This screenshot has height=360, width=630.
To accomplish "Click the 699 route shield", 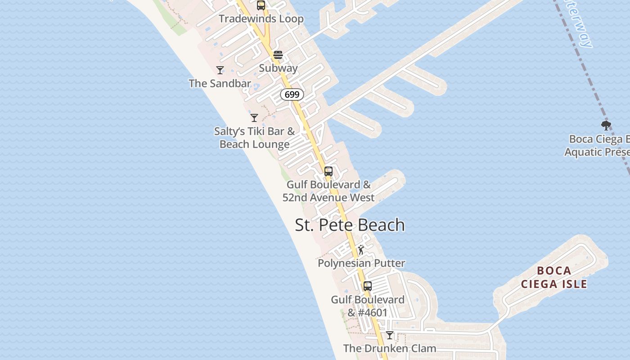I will [292, 94].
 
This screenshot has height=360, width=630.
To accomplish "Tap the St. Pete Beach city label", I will [350, 225].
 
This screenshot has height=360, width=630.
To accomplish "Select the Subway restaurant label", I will [278, 68].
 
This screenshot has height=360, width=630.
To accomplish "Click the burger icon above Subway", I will [278, 55].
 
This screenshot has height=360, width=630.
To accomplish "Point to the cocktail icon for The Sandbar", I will [220, 70].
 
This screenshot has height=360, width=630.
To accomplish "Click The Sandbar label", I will [220, 83].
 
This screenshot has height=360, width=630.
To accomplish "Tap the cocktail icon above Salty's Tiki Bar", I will [254, 118].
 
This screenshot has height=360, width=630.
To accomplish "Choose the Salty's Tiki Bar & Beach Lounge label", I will [255, 138].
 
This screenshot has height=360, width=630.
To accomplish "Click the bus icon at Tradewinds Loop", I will [261, 5].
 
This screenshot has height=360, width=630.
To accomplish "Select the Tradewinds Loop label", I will [261, 19].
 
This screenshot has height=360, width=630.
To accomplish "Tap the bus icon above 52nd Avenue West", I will [328, 171].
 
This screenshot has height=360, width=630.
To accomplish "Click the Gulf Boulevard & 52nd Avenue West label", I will [328, 191].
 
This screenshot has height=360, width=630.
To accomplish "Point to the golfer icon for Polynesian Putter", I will [361, 250].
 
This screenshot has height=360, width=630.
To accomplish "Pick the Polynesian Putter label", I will [361, 263].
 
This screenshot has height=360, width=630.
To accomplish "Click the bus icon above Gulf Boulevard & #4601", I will [368, 286].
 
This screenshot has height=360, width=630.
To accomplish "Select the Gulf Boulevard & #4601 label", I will [368, 306].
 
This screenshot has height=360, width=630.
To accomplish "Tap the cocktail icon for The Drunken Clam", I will [390, 335].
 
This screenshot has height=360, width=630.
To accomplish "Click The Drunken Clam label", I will [390, 348].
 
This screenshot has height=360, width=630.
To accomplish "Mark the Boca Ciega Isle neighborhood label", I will [554, 277].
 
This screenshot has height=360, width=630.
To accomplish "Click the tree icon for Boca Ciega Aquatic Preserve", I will [606, 126].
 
